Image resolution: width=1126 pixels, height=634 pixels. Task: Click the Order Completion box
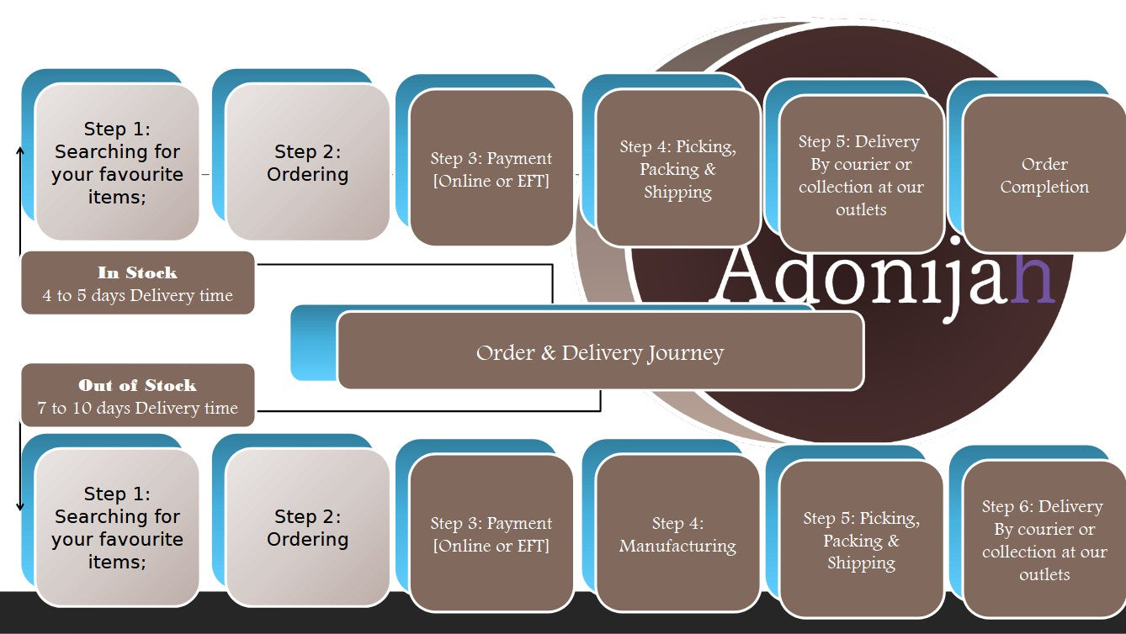pyautogui.click(x=1044, y=175)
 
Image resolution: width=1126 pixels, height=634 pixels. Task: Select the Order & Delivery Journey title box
pyautogui.click(x=600, y=351)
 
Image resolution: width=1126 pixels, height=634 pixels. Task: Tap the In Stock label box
pyautogui.click(x=137, y=283)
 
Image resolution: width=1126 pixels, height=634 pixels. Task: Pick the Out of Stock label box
pyautogui.click(x=137, y=396)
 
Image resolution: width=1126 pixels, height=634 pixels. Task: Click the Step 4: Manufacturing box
pyautogui.click(x=677, y=535)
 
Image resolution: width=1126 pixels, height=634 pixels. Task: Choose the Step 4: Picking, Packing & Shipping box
pyautogui.click(x=677, y=169)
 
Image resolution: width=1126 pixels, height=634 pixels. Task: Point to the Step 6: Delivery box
pyautogui.click(x=1044, y=540)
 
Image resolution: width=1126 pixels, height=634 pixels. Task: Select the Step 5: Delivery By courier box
pyautogui.click(x=861, y=175)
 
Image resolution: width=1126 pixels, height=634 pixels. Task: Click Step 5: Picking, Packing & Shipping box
pyautogui.click(x=861, y=540)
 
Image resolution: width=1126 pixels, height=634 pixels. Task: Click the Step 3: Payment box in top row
pyautogui.click(x=491, y=169)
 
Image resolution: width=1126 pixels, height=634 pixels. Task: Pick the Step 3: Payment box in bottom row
pyautogui.click(x=491, y=535)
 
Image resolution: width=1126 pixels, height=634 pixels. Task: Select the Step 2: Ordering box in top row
pyautogui.click(x=307, y=162)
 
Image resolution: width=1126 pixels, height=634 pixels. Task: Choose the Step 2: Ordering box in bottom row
pyautogui.click(x=307, y=527)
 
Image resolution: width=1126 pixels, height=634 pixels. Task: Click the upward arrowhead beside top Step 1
pyautogui.click(x=20, y=150)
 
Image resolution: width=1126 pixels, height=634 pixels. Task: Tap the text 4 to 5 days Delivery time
pyautogui.click(x=137, y=296)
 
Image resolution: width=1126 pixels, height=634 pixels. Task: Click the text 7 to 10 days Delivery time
pyautogui.click(x=137, y=409)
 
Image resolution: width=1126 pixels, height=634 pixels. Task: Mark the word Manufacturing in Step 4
pyautogui.click(x=677, y=547)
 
